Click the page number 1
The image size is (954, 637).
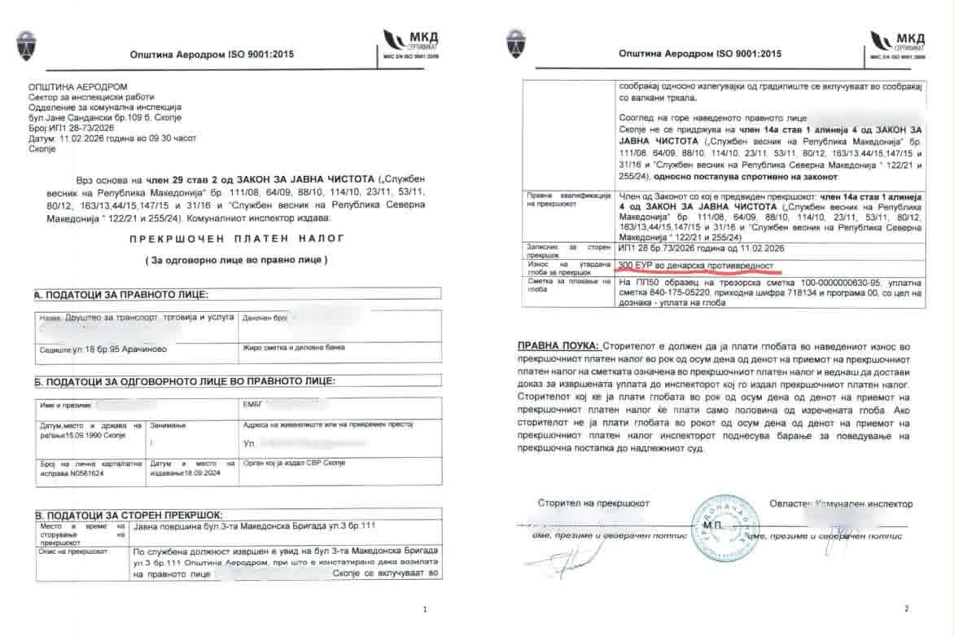click(426, 609)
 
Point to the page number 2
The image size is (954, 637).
click(906, 608)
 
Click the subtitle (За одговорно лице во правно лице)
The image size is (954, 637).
click(235, 260)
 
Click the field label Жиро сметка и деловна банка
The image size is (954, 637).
click(294, 348)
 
